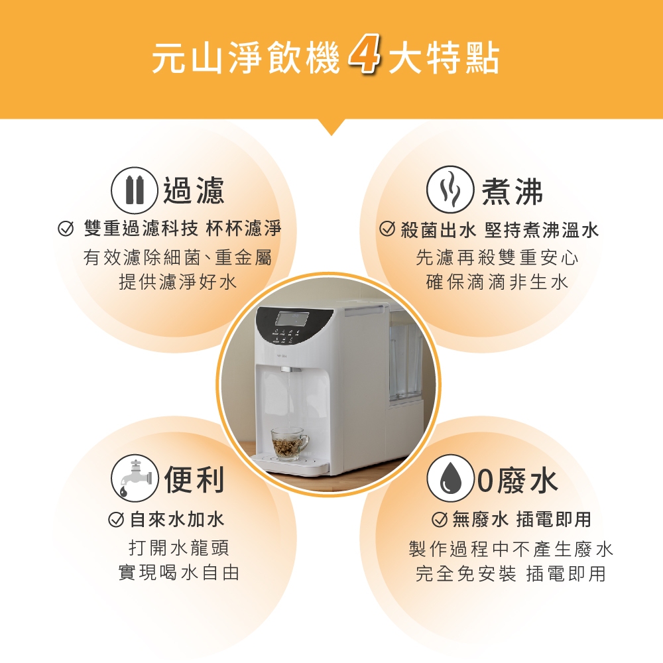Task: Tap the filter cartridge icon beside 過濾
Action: (135, 191)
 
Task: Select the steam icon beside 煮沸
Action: (450, 189)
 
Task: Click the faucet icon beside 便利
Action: (135, 478)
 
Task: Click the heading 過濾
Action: (193, 191)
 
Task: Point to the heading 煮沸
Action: (512, 191)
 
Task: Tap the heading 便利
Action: (194, 479)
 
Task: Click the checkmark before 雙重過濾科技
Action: (65, 229)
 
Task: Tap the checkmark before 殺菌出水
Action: (387, 229)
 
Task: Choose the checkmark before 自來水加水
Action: (116, 519)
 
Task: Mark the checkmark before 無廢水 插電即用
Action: (440, 519)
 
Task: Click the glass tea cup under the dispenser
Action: (290, 442)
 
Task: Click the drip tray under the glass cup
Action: (290, 462)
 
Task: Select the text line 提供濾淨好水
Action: (178, 282)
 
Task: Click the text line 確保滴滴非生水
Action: (497, 282)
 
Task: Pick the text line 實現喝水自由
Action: (179, 573)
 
